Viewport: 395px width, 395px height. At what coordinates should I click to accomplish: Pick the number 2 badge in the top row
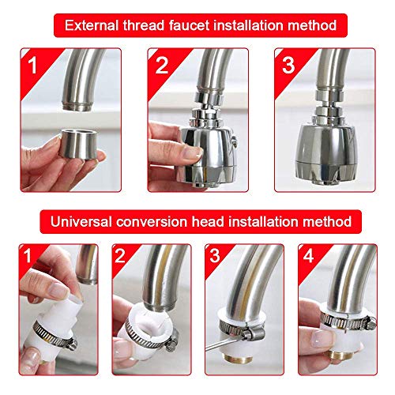pyautogui.click(x=162, y=65)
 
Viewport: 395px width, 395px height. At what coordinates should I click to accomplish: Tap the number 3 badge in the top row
pyautogui.click(x=289, y=65)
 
